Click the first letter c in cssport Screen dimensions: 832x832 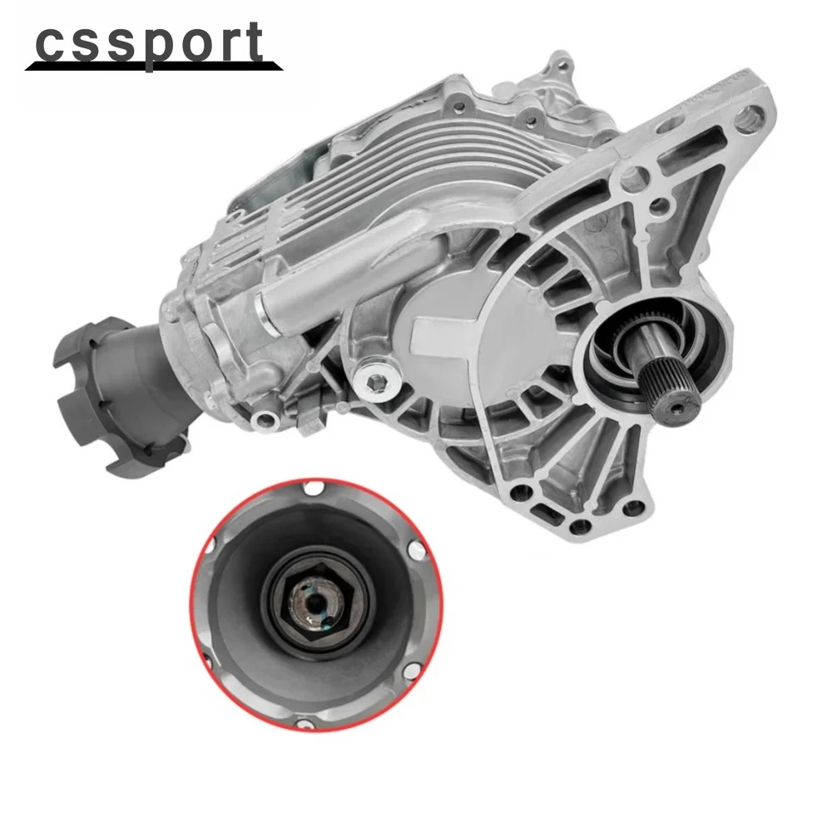pos(51,42)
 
